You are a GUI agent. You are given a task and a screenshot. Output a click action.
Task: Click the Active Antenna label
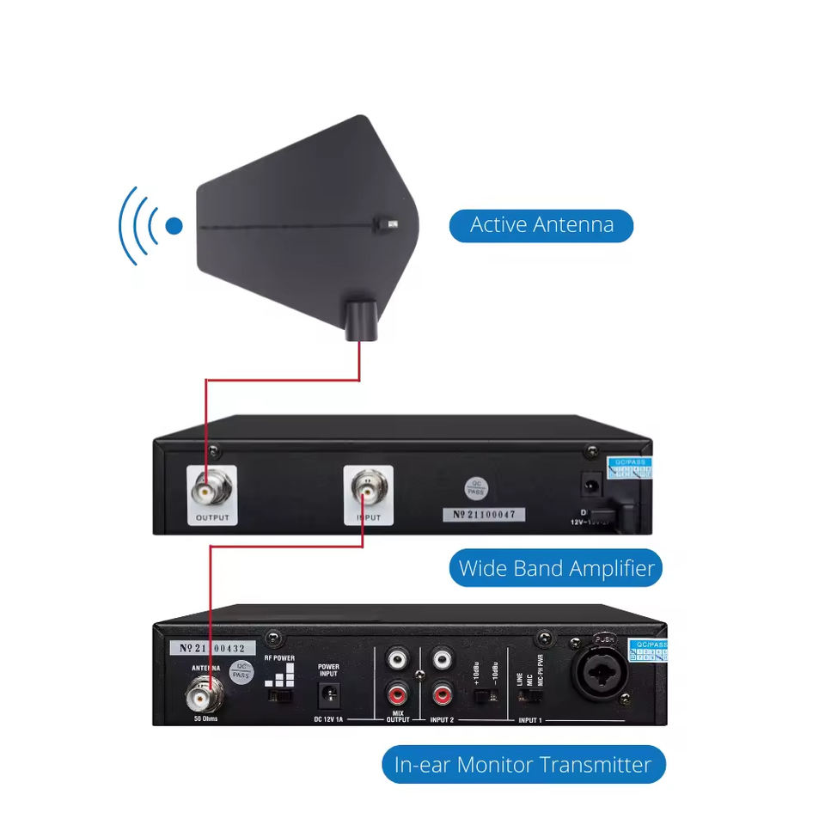[x=541, y=226]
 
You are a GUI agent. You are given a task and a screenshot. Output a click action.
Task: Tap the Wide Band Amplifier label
[x=556, y=568]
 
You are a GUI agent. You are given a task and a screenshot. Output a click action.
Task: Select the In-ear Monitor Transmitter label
[x=522, y=764]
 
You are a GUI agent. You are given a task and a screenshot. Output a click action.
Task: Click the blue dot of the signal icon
[x=174, y=226]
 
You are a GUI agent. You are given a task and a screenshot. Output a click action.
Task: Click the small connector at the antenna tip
[x=390, y=225]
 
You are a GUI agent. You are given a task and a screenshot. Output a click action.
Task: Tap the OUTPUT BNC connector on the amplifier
[x=212, y=491]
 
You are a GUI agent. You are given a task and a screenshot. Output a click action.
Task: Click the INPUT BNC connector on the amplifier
[x=368, y=491]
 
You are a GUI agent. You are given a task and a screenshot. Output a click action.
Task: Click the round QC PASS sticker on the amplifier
[x=475, y=487]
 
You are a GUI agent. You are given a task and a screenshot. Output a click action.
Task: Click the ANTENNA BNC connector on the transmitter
[x=206, y=691]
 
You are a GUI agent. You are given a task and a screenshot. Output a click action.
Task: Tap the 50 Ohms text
[x=205, y=718]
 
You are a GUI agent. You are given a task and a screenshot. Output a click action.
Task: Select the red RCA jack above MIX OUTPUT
[x=397, y=691]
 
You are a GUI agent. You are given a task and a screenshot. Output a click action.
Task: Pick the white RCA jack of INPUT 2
[x=443, y=660]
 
